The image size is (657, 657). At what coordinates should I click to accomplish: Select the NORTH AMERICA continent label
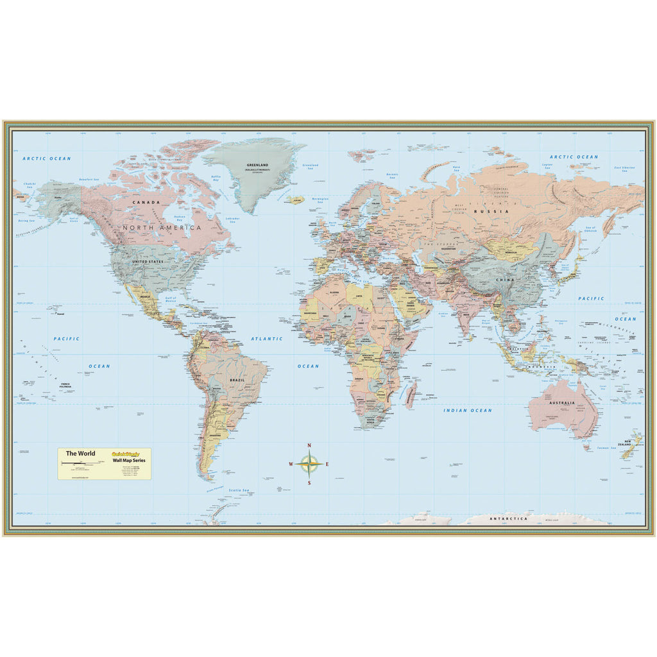(162, 227)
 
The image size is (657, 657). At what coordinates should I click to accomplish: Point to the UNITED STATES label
(148, 262)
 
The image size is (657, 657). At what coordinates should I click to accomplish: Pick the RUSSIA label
(491, 211)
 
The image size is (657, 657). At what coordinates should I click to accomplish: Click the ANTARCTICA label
(508, 518)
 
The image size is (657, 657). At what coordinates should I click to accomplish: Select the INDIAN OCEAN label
(468, 410)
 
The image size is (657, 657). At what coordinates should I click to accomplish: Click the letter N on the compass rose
(309, 445)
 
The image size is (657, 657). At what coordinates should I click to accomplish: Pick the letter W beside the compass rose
(291, 464)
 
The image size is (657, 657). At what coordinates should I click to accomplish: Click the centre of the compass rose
(309, 464)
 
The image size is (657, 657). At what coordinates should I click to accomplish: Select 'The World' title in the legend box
(80, 454)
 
